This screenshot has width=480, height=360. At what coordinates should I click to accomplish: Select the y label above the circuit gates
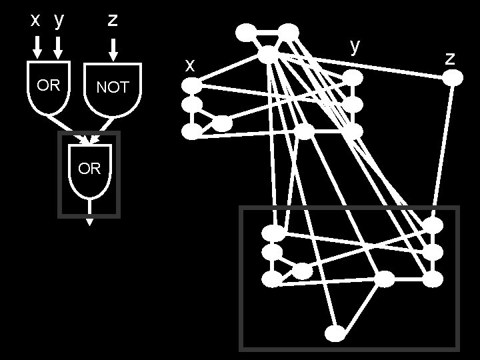click(x=59, y=21)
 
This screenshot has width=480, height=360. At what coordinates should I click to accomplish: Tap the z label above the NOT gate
click(x=113, y=20)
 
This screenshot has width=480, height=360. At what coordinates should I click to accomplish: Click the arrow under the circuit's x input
click(x=37, y=47)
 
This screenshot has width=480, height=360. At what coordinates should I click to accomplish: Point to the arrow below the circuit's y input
click(x=59, y=47)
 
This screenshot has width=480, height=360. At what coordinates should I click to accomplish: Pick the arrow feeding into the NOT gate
click(x=113, y=48)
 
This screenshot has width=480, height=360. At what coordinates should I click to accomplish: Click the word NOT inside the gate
click(x=112, y=87)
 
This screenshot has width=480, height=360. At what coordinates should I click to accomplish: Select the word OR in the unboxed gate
click(x=48, y=86)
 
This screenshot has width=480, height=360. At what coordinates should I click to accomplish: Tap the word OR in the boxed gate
click(x=89, y=169)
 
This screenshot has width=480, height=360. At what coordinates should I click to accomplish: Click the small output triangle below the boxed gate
click(x=89, y=223)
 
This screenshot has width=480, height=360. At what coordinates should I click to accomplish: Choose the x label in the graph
click(x=190, y=65)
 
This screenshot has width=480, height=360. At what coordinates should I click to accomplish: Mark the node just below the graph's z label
click(x=453, y=77)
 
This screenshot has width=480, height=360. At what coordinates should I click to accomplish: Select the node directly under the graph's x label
click(x=192, y=85)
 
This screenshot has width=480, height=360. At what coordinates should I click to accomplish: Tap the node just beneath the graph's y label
click(x=353, y=78)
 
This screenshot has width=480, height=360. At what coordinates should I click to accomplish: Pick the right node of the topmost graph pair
click(x=289, y=31)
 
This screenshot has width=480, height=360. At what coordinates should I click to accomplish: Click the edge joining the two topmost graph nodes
click(x=267, y=31)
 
